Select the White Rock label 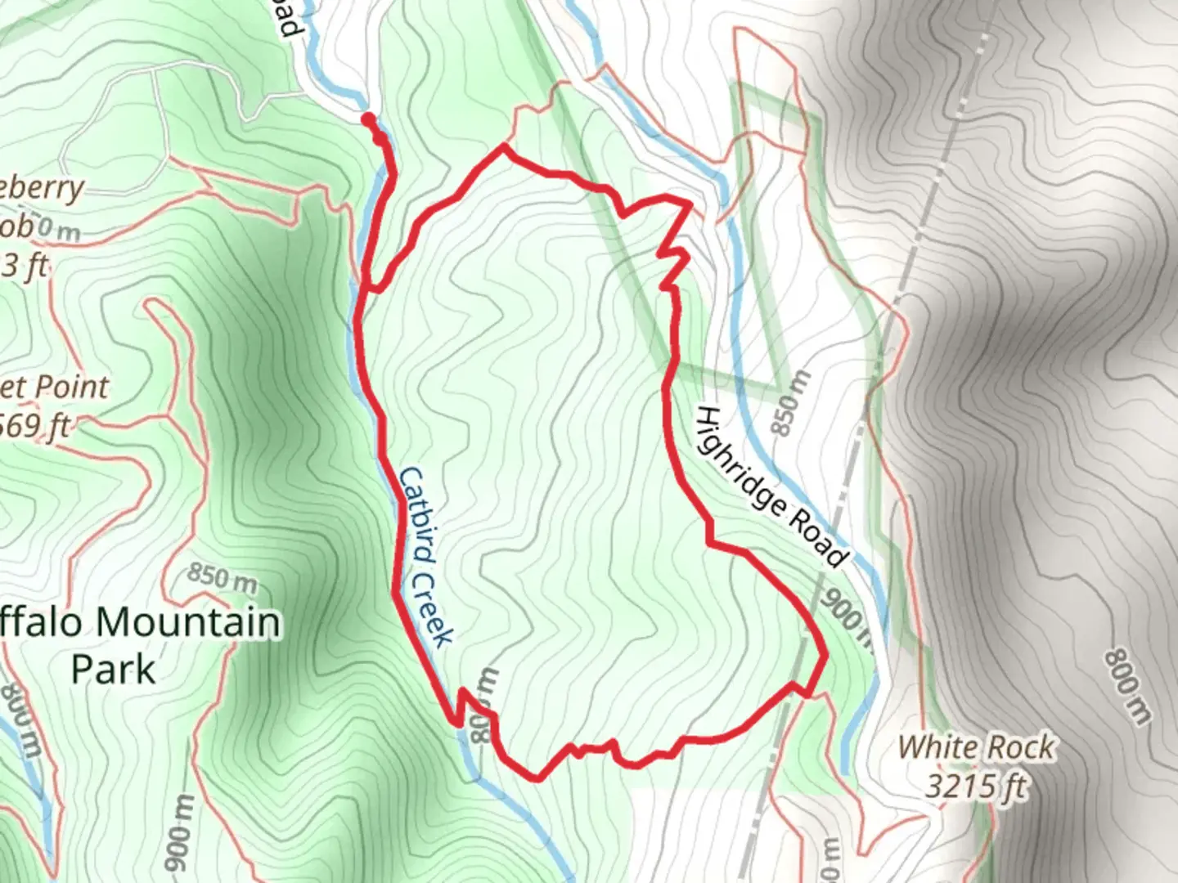click(x=976, y=747)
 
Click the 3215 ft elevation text click(x=975, y=786)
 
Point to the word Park click(x=113, y=669)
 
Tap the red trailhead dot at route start click(x=368, y=119)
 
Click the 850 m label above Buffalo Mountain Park click(x=221, y=578)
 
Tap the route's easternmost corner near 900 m click(x=825, y=655)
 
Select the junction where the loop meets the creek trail click(x=374, y=288)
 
